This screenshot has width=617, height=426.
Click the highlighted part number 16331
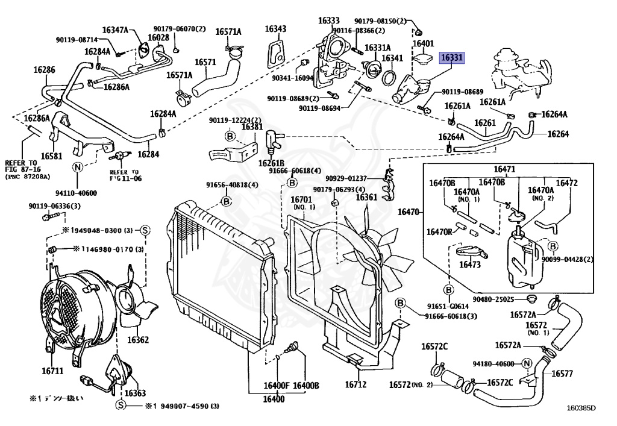click(452, 58)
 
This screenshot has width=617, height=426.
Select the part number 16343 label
click(275, 29)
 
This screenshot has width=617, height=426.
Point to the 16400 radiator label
click(274, 399)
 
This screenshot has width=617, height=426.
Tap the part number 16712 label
click(355, 384)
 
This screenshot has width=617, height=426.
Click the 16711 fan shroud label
click(52, 371)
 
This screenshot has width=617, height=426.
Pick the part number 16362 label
click(137, 340)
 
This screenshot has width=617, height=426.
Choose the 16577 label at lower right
click(562, 374)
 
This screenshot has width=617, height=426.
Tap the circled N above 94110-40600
click(78, 168)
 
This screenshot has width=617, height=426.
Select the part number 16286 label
click(44, 70)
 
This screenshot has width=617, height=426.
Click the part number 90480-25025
click(493, 299)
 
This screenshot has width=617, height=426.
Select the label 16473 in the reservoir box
click(471, 264)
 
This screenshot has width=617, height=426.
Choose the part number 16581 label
click(52, 155)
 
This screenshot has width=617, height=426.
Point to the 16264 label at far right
click(558, 134)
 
